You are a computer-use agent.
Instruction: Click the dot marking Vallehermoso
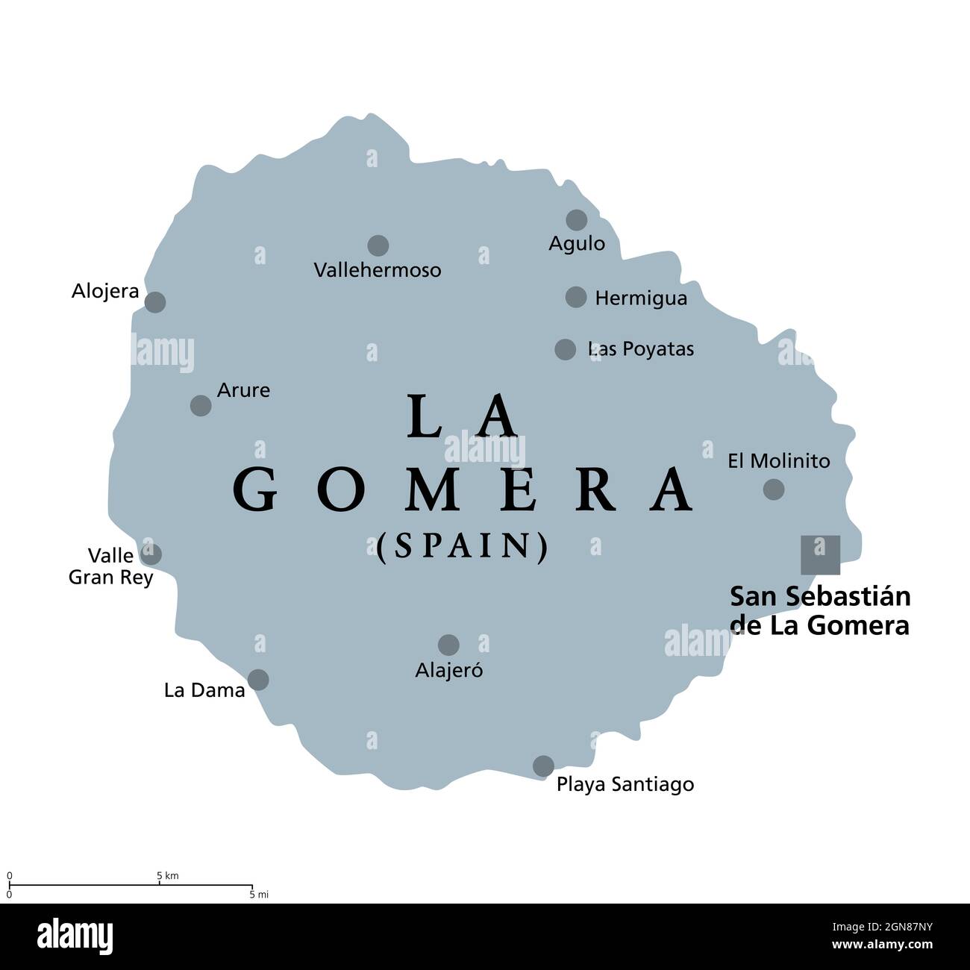point(378,245)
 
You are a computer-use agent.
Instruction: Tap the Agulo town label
point(577,243)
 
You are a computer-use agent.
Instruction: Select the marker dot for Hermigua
point(576,297)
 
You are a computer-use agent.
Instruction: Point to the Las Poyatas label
point(641,348)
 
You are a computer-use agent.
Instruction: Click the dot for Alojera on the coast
point(154,302)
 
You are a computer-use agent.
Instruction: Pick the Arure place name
point(243,389)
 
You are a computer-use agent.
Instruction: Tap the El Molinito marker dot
point(774,489)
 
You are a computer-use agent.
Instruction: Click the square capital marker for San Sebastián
point(820,555)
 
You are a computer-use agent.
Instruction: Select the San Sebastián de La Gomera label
point(820,611)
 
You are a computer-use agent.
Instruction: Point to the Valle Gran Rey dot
point(151,554)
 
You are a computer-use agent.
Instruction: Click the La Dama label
point(204,690)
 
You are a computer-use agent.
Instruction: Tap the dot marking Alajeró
point(448,645)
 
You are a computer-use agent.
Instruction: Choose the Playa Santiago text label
point(625,784)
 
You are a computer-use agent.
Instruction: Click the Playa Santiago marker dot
point(543,766)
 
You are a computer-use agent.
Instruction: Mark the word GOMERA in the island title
point(463,490)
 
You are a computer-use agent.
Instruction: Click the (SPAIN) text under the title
point(463,547)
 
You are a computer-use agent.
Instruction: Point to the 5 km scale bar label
point(167,875)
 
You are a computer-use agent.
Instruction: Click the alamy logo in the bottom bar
point(75,936)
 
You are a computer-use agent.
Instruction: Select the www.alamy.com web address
point(882,945)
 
